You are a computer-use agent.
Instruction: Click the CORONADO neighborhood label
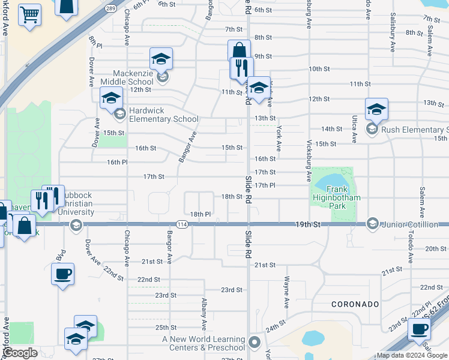point(355,304)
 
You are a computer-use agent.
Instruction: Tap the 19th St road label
point(309,224)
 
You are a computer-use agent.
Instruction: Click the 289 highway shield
point(111,9)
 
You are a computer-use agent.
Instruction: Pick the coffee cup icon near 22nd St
point(62,274)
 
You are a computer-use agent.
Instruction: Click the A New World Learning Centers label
point(204,343)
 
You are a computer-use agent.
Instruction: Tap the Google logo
point(20,353)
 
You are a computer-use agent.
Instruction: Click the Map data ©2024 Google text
point(412,355)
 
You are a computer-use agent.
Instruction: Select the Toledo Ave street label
point(411,249)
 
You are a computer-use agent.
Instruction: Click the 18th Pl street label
point(200,214)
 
